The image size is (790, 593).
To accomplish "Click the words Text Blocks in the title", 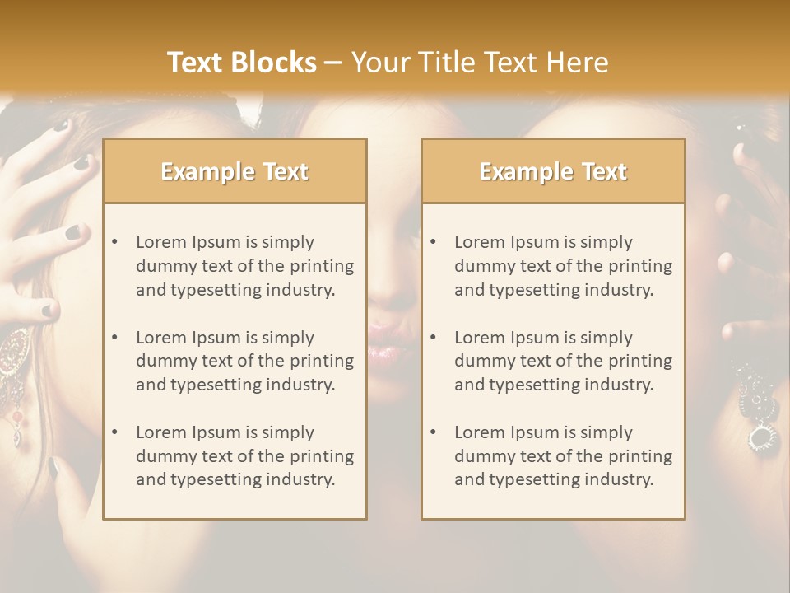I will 241,63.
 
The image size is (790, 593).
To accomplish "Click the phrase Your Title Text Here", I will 480,63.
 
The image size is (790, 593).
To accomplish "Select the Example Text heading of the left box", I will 235,171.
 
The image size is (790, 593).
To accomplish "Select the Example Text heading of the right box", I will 553,171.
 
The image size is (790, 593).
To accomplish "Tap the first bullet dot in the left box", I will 114,242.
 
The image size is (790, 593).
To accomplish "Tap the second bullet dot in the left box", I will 114,338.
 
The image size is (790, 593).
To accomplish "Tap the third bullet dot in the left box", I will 114,432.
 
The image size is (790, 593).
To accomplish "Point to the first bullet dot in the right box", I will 433,242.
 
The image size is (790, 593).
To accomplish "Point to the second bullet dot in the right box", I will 433,338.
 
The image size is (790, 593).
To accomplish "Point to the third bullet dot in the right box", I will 433,432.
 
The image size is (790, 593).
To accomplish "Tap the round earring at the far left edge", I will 15,354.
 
